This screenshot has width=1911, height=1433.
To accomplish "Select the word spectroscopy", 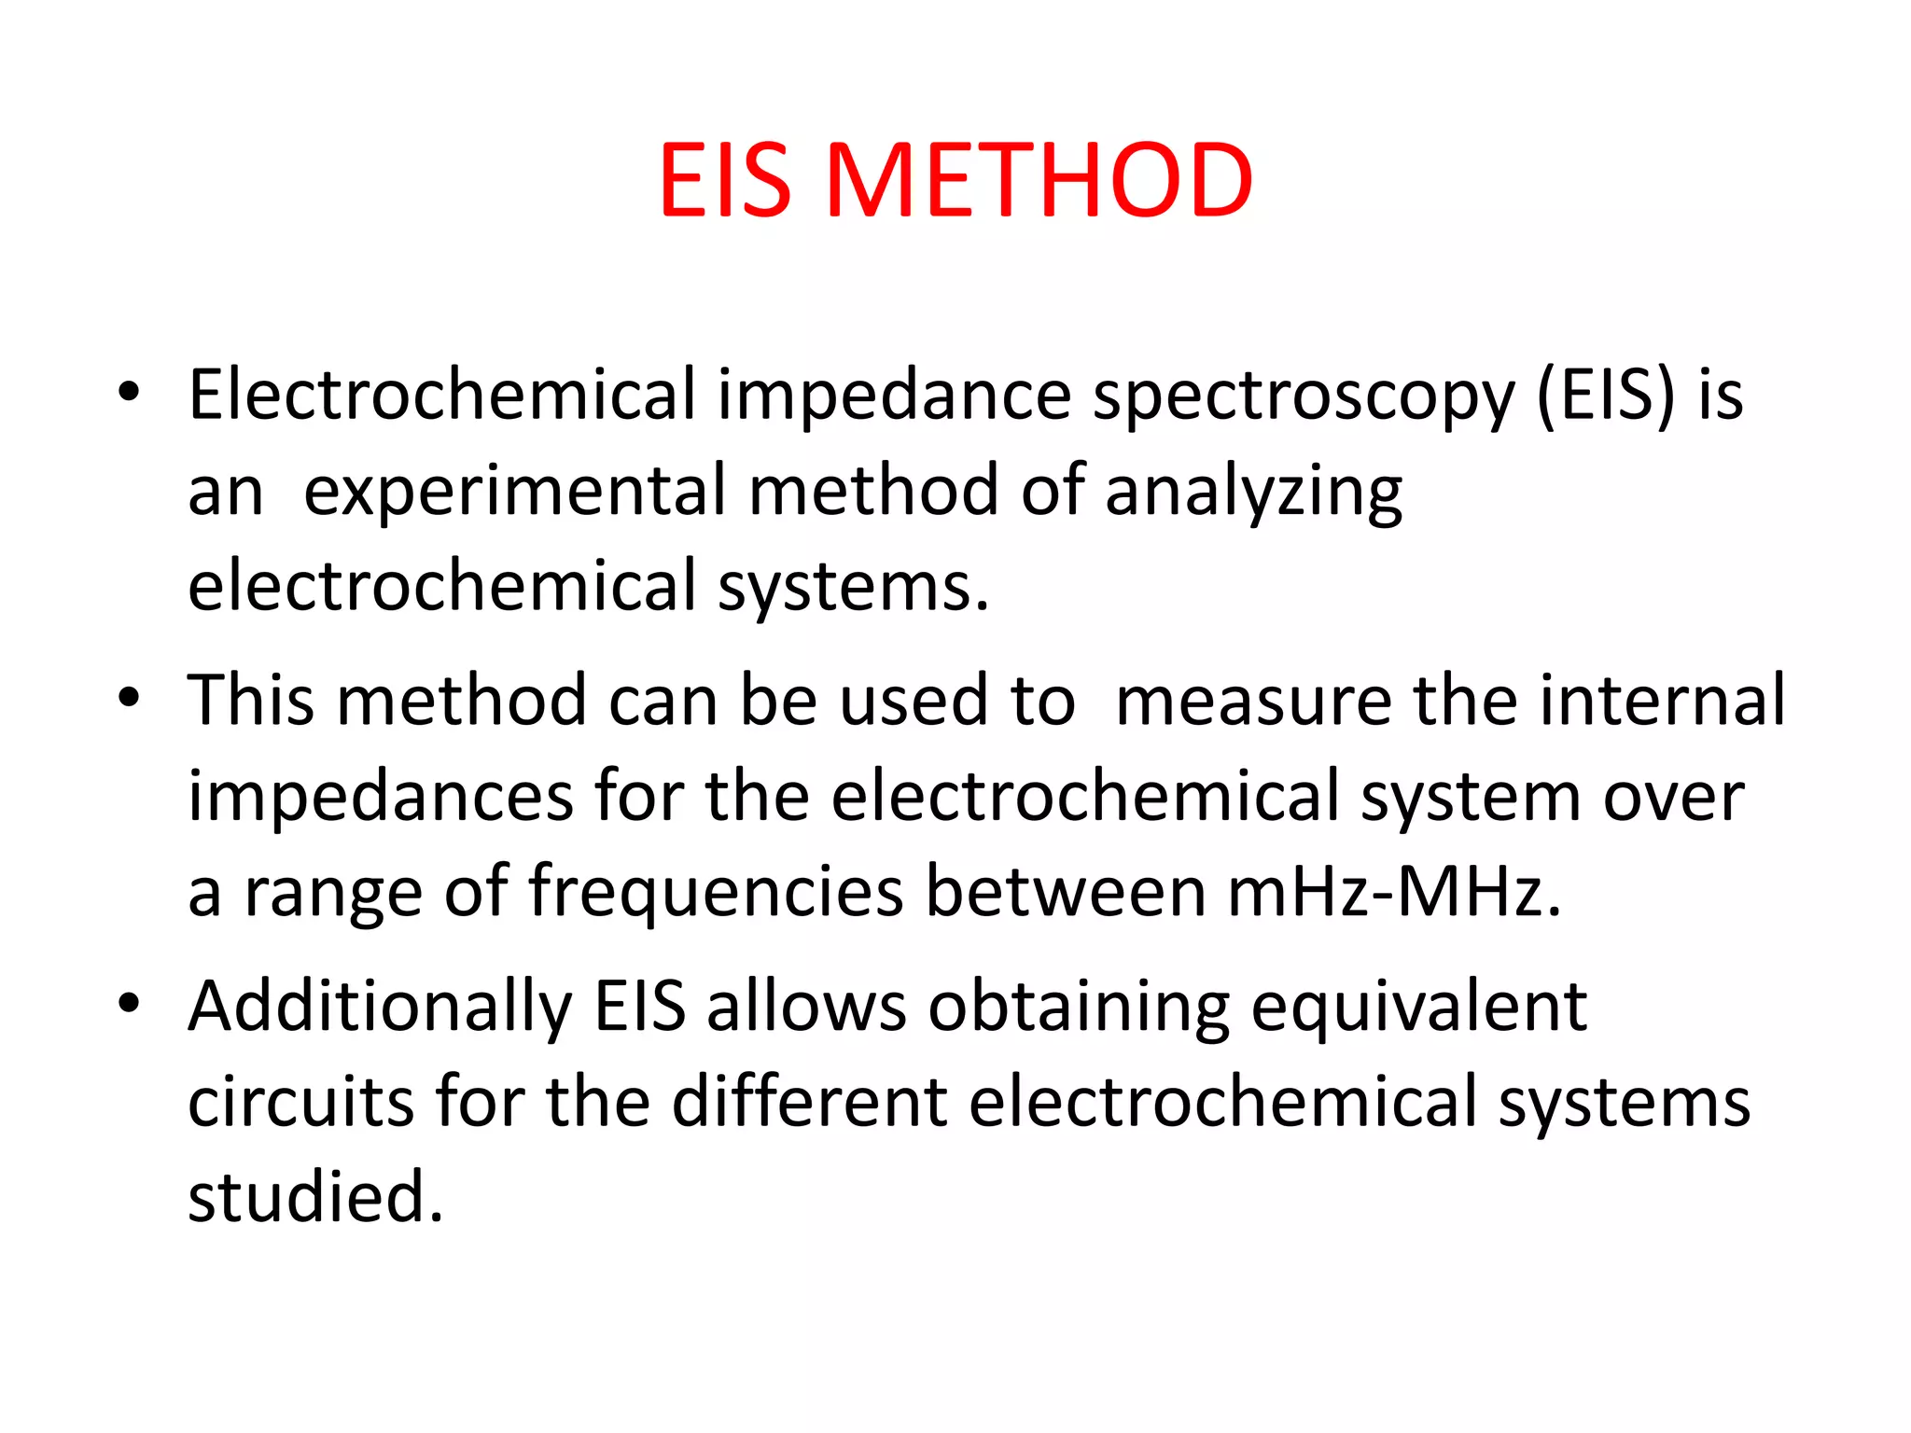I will [x=1304, y=396].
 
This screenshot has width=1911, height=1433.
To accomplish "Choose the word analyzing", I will [x=1253, y=492].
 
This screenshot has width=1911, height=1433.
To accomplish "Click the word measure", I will [x=1253, y=701].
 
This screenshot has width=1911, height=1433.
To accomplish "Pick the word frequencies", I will [x=716, y=892].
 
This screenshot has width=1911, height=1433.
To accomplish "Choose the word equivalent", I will [x=1418, y=1008].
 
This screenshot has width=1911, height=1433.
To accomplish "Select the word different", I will [x=809, y=1102].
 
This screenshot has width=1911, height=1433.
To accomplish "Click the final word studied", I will [x=314, y=1197].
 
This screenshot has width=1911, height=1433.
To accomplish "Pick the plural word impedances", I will [x=380, y=797].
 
